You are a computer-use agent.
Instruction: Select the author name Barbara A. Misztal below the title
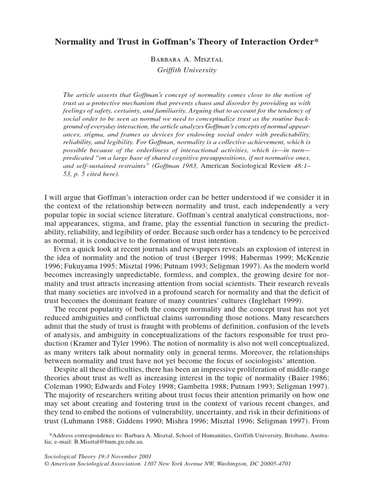click(x=186, y=59)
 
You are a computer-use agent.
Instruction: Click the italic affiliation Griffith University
click(x=186, y=70)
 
